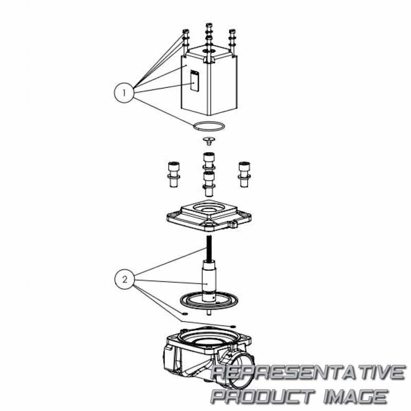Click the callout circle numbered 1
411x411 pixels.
coord(124,92)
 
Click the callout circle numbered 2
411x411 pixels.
coord(124,279)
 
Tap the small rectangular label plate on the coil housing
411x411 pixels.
coord(194,81)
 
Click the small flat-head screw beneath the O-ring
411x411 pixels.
coord(209,140)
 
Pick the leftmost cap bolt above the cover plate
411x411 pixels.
coord(174,174)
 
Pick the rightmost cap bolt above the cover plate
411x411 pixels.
coord(245,174)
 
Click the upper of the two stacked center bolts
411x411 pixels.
coord(209,161)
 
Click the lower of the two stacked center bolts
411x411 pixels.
coord(209,184)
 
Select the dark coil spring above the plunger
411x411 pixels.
coord(209,248)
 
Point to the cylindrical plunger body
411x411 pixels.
coord(209,280)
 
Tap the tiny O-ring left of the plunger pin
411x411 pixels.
coord(184,313)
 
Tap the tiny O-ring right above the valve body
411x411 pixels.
coord(233,326)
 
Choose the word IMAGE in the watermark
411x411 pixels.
coord(355,396)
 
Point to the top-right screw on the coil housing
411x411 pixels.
coord(232,42)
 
